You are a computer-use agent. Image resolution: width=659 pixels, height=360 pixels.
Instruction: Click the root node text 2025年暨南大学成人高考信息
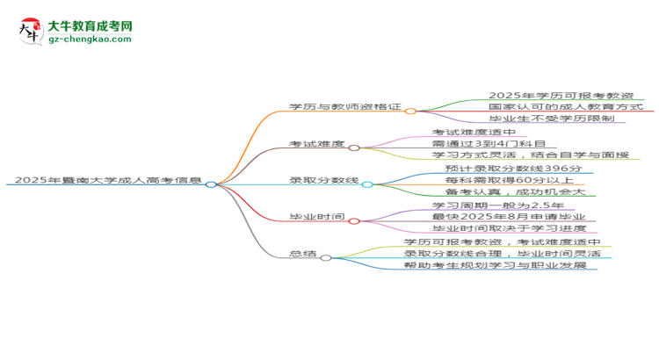click(108, 180)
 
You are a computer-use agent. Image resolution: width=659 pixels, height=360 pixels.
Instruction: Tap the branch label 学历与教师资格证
click(345, 107)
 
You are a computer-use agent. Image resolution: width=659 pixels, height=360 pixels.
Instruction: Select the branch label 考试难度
click(317, 144)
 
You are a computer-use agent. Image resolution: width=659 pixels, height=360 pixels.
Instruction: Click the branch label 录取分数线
click(324, 180)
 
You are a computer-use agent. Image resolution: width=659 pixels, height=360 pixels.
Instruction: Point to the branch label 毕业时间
click(317, 217)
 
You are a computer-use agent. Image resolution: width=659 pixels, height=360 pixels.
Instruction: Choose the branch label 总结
click(303, 254)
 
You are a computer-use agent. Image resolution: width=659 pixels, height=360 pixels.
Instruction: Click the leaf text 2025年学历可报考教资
click(561, 96)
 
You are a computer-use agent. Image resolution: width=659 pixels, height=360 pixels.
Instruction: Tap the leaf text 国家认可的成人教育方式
click(566, 107)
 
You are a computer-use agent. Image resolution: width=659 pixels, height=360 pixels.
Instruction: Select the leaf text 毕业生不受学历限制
click(552, 119)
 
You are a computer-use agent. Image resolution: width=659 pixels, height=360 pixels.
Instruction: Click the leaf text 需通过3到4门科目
click(489, 144)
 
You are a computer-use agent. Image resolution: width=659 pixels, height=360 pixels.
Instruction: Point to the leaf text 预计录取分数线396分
click(514, 169)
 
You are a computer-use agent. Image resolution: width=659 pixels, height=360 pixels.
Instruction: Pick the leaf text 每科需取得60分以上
click(510, 180)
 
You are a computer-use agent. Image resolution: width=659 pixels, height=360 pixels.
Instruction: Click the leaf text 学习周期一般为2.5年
click(498, 205)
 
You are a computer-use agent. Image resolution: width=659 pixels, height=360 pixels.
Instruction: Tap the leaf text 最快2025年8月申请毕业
click(509, 217)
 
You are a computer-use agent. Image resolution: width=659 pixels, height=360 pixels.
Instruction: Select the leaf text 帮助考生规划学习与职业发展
click(495, 265)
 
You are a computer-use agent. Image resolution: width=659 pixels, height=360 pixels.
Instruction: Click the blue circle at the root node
click(211, 184)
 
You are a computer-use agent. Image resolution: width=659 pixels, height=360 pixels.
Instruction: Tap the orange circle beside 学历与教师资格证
click(410, 112)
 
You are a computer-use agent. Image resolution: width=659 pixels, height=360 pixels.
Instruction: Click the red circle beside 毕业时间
click(354, 221)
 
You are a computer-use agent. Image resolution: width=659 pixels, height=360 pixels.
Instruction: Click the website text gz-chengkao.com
click(90, 39)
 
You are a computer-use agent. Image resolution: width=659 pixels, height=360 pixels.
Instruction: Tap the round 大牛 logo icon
click(31, 31)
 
